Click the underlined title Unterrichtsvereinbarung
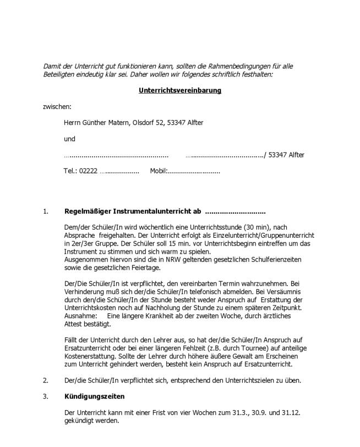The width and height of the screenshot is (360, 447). click(x=180, y=90)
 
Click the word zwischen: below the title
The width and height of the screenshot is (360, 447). click(x=57, y=107)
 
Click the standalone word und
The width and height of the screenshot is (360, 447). click(x=69, y=139)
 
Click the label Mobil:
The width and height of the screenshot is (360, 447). click(x=159, y=171)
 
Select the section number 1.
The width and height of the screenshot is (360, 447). click(x=46, y=211)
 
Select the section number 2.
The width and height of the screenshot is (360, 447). click(x=46, y=380)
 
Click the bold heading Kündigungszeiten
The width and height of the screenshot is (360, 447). click(x=94, y=396)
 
